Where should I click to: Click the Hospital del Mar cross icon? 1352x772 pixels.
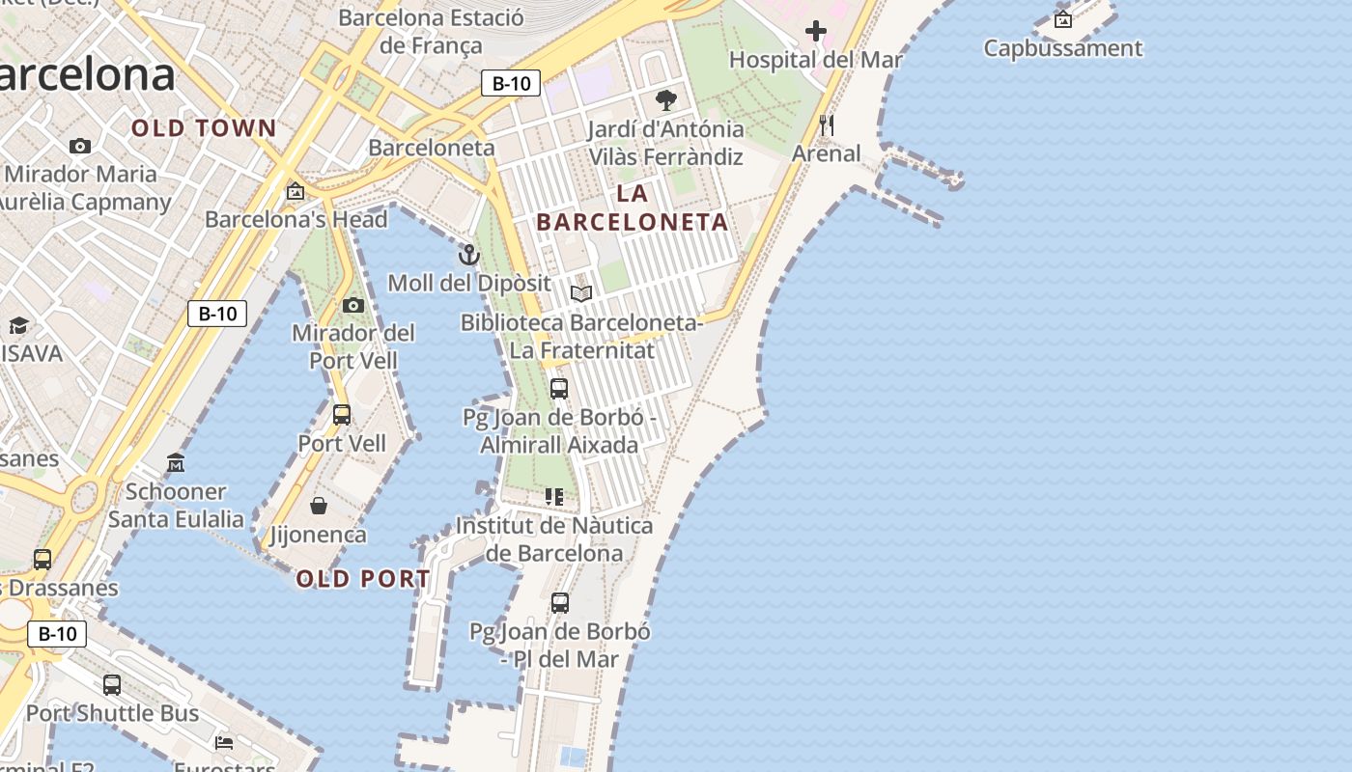coord(816,31)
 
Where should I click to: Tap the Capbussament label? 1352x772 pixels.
coord(1062,48)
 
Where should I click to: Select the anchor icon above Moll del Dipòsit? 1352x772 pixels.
coord(468,255)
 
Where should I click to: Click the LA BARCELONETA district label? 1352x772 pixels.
coord(633,207)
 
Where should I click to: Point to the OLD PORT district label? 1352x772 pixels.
coord(363,579)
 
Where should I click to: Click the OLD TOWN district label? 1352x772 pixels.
coord(204,128)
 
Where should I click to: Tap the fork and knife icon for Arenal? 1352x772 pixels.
coord(826,124)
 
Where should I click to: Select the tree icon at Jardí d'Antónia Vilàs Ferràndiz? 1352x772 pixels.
coord(665,99)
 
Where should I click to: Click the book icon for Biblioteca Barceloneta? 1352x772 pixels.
coord(580,293)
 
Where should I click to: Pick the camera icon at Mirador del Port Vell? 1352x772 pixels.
coord(353,305)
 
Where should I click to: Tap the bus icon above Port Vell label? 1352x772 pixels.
coord(342,415)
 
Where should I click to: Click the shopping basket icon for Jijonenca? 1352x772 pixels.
coord(319,506)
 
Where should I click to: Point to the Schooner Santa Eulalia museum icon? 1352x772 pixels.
coord(176,463)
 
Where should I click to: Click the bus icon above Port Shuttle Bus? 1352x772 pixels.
coord(112,685)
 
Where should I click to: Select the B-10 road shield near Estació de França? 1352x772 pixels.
coord(511,83)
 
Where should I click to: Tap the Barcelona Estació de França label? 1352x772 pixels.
coord(431,31)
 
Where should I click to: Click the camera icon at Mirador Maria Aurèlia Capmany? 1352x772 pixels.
coord(80,147)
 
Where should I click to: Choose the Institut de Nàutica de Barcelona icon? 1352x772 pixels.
coord(554,497)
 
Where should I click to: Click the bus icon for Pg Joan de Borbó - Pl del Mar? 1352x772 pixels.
coord(560,603)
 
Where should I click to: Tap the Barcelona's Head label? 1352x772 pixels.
coord(296,219)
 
